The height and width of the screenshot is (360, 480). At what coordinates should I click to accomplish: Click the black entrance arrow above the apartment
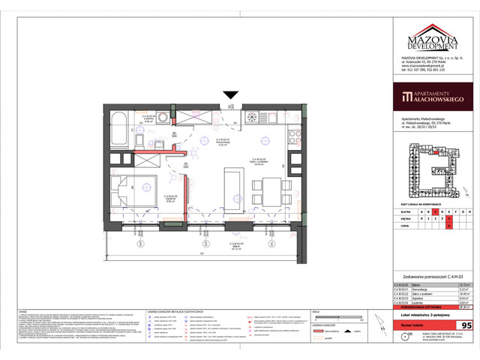point(230,94)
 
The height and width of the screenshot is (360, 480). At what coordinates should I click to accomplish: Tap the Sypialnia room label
point(170,198)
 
